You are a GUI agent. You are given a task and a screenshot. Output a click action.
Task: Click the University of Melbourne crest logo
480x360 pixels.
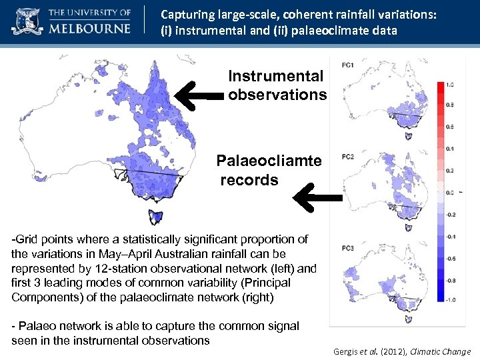tap(25, 21)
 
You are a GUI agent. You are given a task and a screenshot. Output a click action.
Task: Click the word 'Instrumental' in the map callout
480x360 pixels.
tap(275, 77)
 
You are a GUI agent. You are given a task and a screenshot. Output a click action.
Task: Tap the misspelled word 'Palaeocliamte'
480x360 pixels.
tap(269, 161)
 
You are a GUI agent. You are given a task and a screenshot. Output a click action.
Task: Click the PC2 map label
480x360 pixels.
tap(347, 157)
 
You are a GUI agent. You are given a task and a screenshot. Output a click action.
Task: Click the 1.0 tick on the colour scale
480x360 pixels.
tap(451, 85)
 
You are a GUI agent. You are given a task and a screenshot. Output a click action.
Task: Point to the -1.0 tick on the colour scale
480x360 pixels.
tap(450, 301)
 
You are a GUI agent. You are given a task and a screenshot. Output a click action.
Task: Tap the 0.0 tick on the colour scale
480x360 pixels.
tap(451, 193)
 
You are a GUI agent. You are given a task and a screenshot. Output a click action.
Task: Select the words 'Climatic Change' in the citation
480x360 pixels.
tap(441, 351)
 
